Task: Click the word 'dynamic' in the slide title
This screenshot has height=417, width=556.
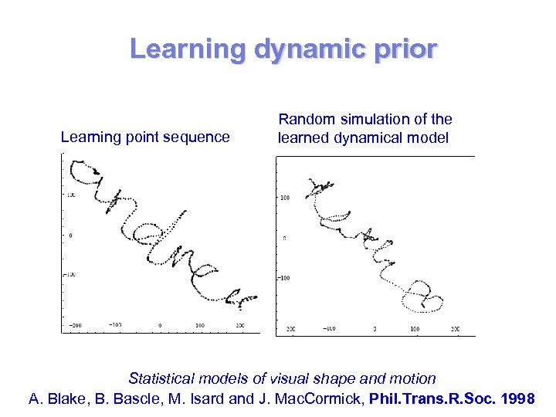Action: coord(294,49)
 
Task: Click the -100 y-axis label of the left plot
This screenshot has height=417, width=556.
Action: coord(69,274)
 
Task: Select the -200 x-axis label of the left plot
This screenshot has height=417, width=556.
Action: coord(74,326)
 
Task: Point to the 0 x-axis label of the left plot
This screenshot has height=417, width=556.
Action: coord(161,326)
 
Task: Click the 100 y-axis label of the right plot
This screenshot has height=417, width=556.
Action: coord(284,198)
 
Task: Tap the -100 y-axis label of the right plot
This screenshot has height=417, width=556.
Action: coord(283,278)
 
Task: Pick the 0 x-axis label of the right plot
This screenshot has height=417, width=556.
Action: coord(375,329)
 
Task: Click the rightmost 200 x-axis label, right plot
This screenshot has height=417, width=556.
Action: coord(455,329)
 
